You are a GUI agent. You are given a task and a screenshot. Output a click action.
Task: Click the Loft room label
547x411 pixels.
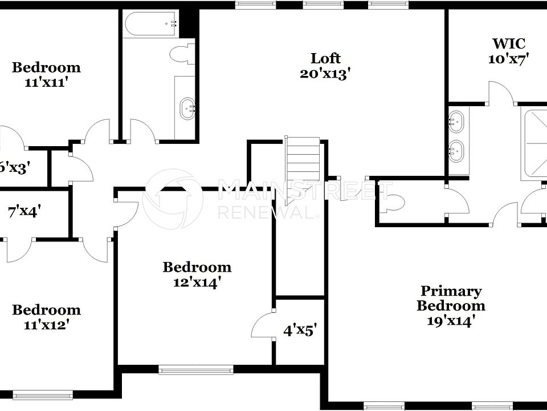click(x=325, y=58)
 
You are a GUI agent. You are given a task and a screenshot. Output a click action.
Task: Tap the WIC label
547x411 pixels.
click(x=508, y=43)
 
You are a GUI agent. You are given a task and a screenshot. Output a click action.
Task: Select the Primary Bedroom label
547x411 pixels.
click(x=450, y=298)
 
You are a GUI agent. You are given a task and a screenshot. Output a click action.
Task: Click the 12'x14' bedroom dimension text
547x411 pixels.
click(x=197, y=282)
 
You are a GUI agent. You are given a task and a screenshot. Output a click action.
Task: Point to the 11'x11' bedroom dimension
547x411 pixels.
click(x=46, y=82)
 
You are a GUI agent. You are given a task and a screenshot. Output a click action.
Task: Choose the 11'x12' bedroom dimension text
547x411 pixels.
click(x=46, y=325)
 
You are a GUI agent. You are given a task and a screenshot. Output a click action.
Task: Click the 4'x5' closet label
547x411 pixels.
click(x=300, y=329)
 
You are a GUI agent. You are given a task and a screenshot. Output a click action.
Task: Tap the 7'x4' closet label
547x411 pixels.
click(x=23, y=211)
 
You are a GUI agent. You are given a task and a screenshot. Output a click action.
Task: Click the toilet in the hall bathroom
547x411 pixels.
click(x=182, y=54)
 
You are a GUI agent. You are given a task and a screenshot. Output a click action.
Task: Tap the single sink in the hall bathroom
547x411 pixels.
click(x=187, y=108)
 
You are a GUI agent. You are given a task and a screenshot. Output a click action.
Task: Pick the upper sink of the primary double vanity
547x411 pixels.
click(x=455, y=120)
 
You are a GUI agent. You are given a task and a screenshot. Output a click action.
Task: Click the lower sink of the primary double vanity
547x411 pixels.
click(x=455, y=151)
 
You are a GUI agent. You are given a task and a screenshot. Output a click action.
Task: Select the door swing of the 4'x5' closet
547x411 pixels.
click(x=263, y=325)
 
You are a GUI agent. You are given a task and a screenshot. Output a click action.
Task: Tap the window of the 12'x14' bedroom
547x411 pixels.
click(x=195, y=370)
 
